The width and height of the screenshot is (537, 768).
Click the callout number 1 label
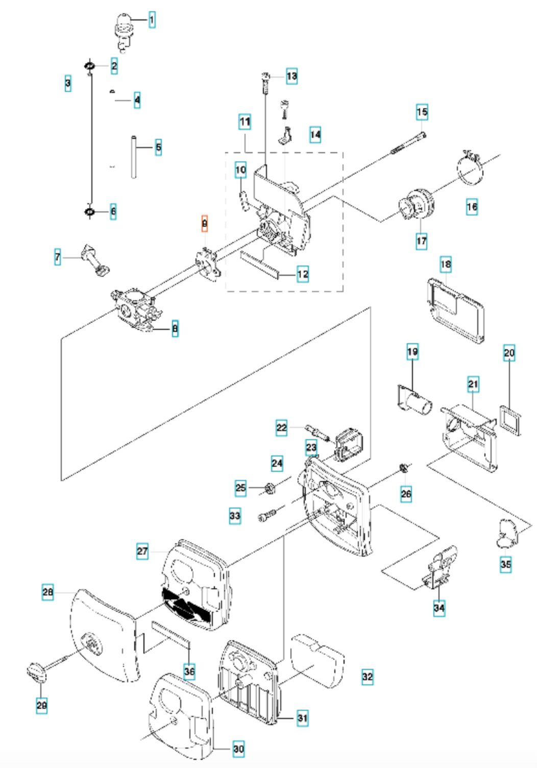pos(152,20)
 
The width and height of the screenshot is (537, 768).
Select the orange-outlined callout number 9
pos(205,224)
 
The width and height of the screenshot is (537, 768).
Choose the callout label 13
pos(291,77)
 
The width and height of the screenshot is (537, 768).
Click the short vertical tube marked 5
pos(134,156)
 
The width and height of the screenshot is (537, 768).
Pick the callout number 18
pos(446,264)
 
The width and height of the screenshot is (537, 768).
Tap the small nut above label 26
pos(403,467)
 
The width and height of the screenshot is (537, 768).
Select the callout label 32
pos(368,677)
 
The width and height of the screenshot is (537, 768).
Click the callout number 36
pos(189,671)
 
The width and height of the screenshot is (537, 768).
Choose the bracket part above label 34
pos(440,567)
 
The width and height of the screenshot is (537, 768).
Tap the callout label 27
pos(142,551)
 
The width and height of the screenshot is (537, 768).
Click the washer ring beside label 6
pos(90,211)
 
